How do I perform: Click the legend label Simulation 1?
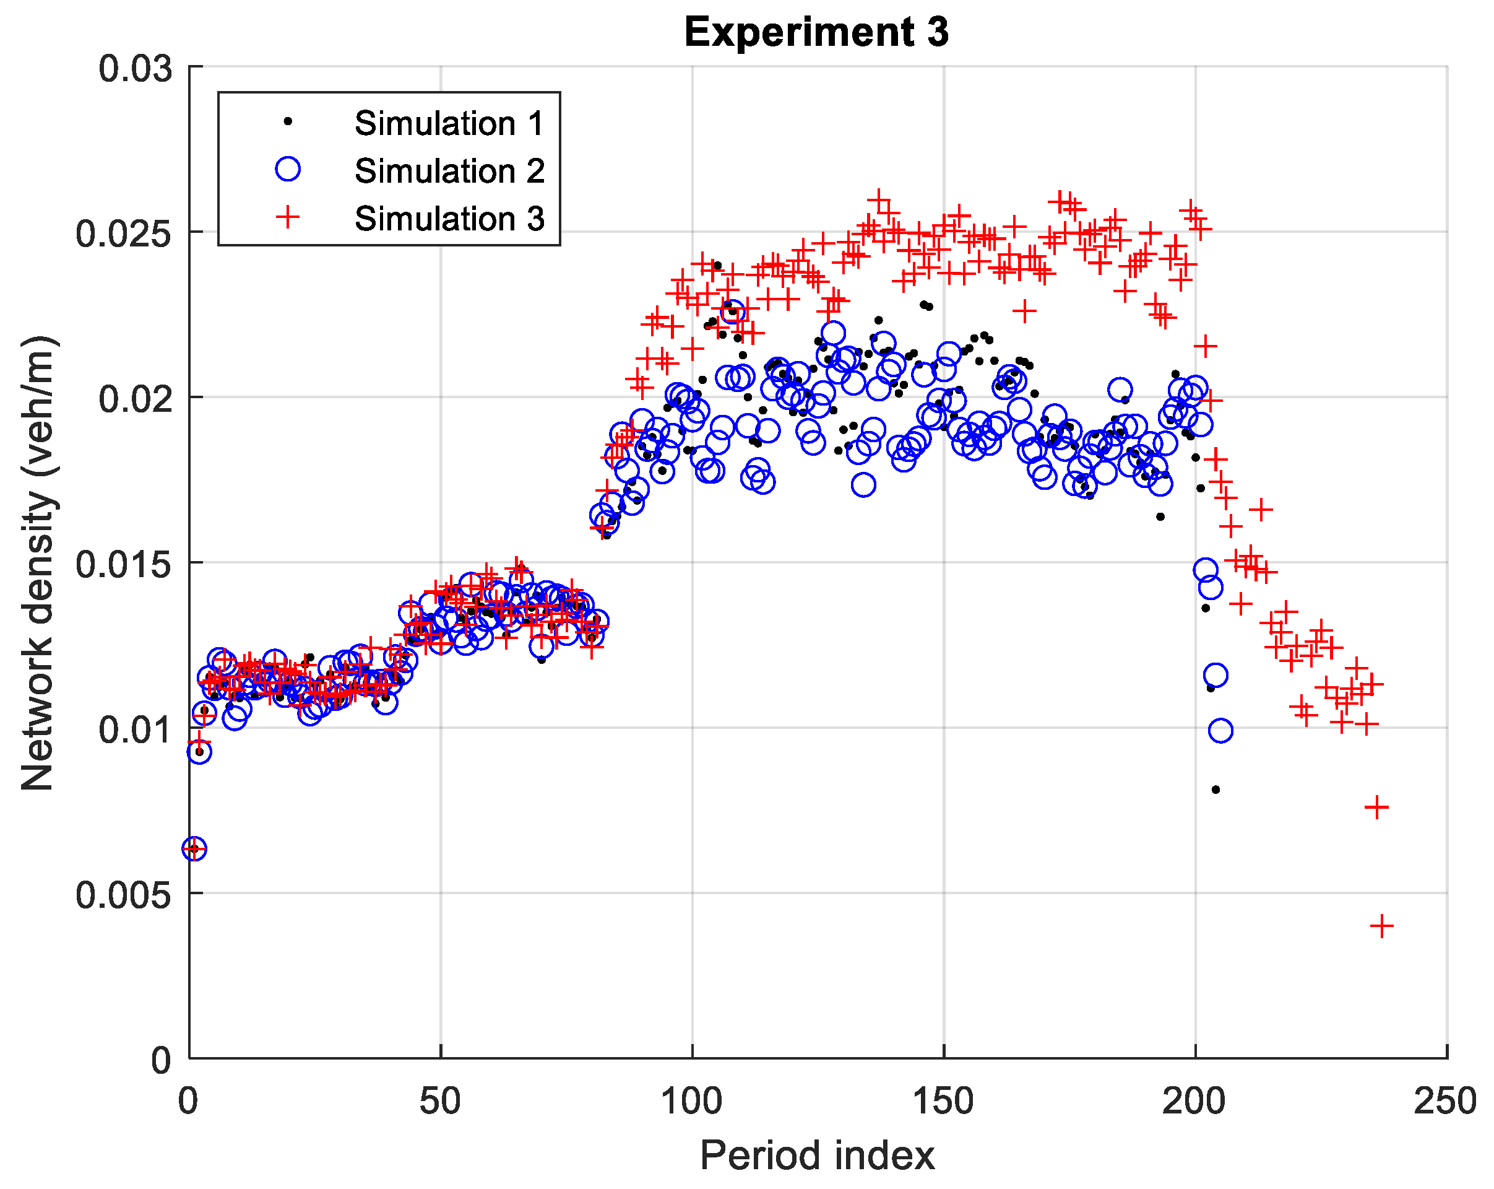[x=449, y=123]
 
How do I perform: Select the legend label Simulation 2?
[x=449, y=172]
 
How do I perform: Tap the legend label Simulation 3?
[x=449, y=219]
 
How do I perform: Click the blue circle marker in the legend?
[x=288, y=169]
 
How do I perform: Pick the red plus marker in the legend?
[x=288, y=217]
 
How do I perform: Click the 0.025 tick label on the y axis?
[x=123, y=233]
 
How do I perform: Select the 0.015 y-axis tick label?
[x=123, y=564]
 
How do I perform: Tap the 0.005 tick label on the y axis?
[x=123, y=895]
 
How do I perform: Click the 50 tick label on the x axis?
[x=440, y=1102]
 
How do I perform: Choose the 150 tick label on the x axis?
[x=943, y=1102]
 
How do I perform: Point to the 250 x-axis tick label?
[x=1446, y=1102]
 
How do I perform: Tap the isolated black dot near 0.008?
[x=1215, y=790]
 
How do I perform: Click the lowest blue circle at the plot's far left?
[x=194, y=848]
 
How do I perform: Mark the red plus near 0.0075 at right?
[x=1376, y=808]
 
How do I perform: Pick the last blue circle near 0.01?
[x=1220, y=731]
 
